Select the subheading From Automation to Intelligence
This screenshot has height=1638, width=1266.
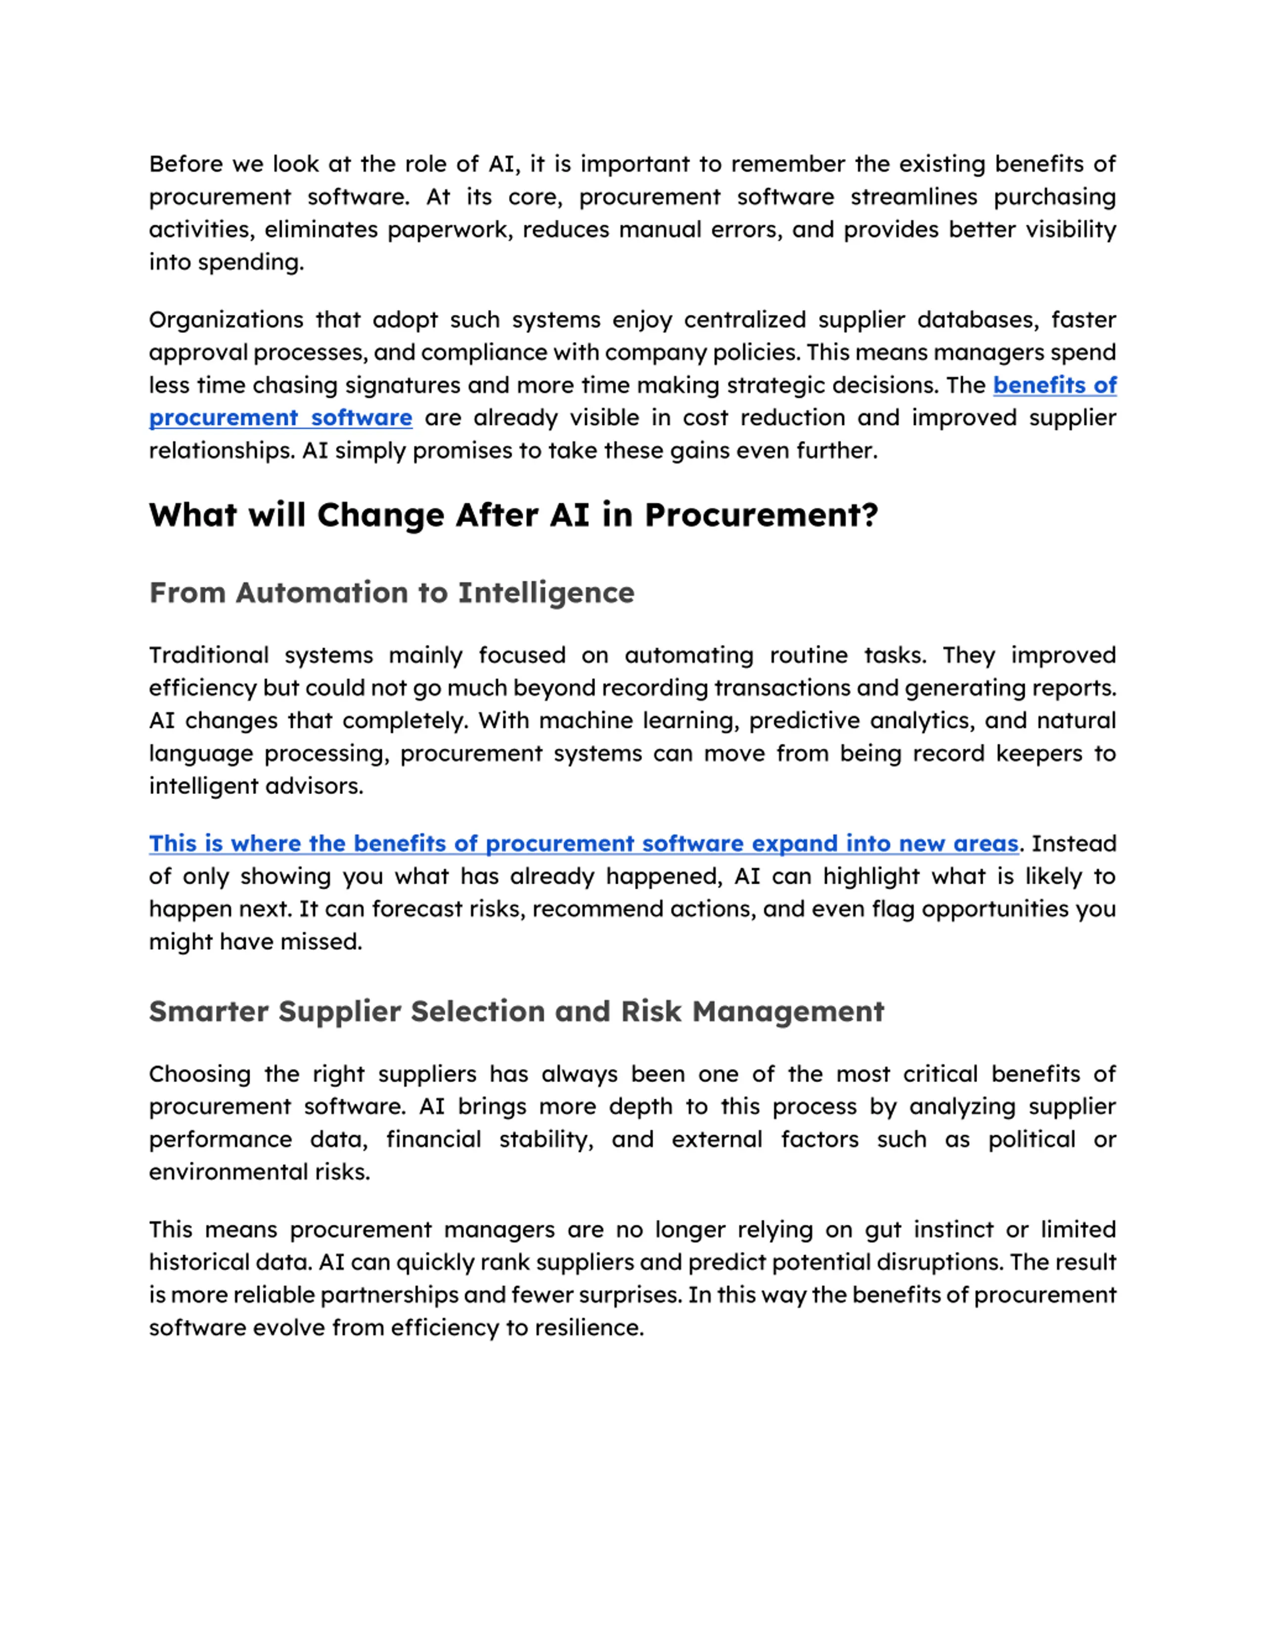point(392,592)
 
